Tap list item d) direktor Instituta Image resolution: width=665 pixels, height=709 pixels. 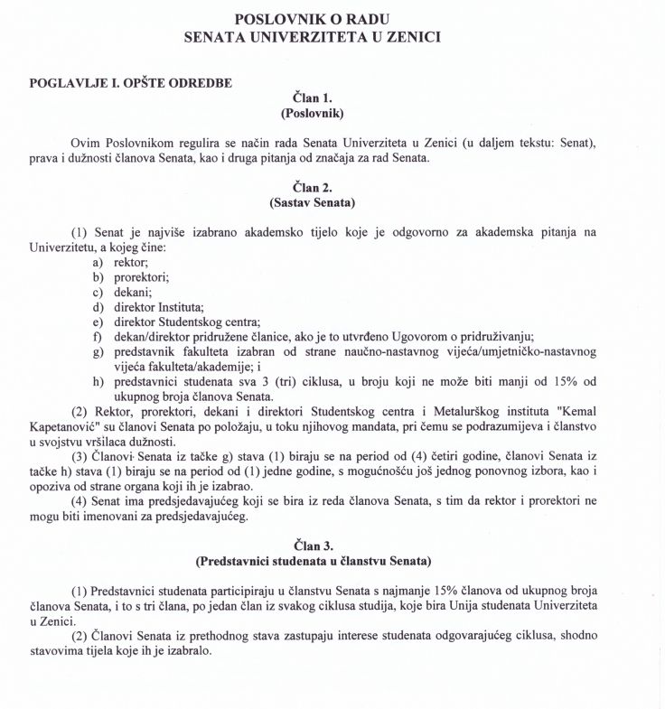click(x=147, y=308)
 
